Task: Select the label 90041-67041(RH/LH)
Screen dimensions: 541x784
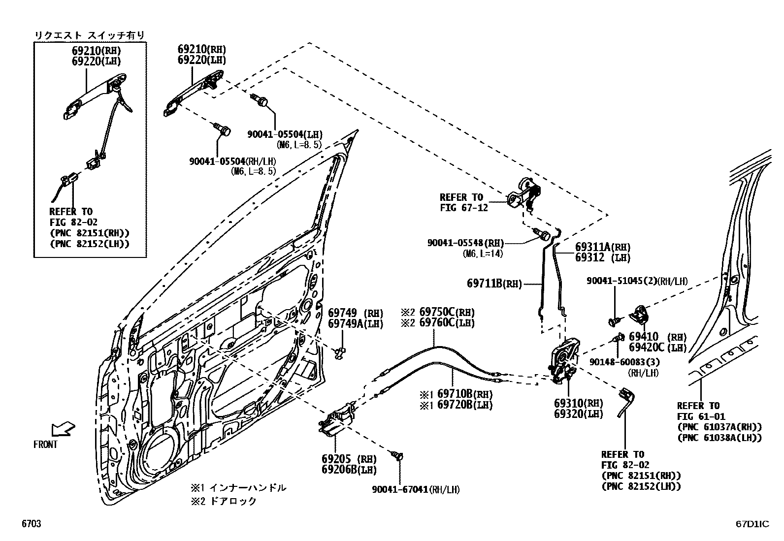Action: click(x=416, y=489)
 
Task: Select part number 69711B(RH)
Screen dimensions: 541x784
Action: click(x=494, y=284)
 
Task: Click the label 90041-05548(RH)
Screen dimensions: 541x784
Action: click(x=466, y=243)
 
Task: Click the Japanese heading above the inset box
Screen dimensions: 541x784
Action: click(x=89, y=35)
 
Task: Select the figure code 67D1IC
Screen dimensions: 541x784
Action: click(x=751, y=524)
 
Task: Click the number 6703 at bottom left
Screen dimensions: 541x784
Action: click(x=31, y=524)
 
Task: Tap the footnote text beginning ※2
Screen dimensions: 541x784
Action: click(x=225, y=501)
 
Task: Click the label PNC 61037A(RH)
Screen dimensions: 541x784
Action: click(x=719, y=427)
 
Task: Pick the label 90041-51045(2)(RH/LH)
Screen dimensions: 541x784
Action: click(x=637, y=281)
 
